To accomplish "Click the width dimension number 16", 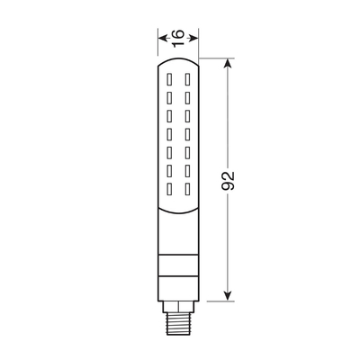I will pos(178,36).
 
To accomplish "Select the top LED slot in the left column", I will pos(168,79).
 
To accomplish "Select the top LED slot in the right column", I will pos(186,79).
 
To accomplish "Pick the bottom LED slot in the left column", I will pos(168,189).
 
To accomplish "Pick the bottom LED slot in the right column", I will pos(186,189).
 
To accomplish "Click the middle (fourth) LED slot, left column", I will pos(168,134).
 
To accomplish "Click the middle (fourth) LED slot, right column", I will pos(186,134).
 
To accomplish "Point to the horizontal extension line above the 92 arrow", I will pos(216,58).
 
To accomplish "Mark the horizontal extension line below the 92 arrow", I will pos(216,301).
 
